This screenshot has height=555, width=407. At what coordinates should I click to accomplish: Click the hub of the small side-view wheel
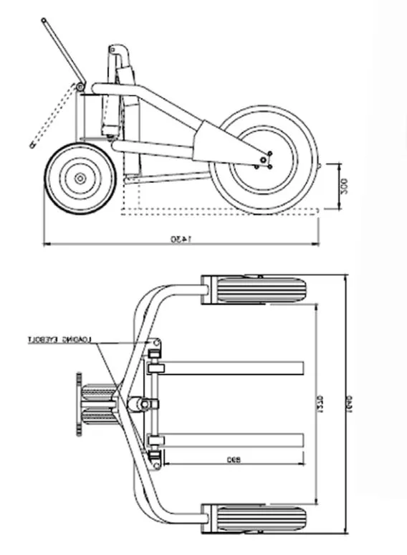78,177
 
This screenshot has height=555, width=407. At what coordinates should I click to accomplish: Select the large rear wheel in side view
265,160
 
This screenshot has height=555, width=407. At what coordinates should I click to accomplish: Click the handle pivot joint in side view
82,87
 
